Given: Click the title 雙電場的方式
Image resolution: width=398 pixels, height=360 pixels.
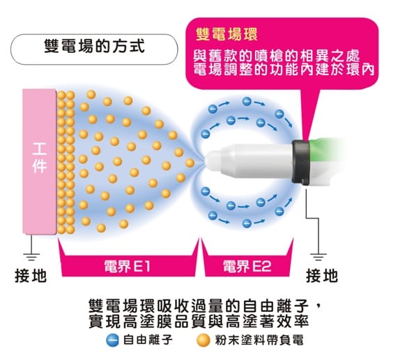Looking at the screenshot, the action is (94, 46).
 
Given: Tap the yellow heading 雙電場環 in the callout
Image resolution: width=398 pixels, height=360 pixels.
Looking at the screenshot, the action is (227, 34).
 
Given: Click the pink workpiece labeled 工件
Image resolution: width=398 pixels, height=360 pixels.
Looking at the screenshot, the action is (39, 162).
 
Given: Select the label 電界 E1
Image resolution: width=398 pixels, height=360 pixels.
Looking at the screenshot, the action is (127, 266).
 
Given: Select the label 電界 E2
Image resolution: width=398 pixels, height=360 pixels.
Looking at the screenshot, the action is (247, 266).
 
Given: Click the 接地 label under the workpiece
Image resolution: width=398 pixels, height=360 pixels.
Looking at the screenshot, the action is (31, 276).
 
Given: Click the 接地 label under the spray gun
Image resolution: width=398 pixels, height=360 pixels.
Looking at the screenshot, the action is (322, 276).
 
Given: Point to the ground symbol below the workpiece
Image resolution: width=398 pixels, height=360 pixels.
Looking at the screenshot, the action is (31, 256).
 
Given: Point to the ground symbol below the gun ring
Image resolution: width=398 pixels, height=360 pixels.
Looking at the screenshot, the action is (319, 256).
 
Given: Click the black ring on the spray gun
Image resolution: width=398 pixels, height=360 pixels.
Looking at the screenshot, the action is (301, 162).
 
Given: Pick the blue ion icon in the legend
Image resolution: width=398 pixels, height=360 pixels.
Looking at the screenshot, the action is (112, 341).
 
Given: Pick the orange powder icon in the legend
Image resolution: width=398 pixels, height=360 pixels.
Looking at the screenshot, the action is (204, 341).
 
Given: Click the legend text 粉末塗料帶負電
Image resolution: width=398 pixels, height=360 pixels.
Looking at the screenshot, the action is (259, 340).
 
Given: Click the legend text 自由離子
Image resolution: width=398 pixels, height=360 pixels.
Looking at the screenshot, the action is (148, 340).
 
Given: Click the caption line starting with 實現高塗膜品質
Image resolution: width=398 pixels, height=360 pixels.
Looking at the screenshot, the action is (199, 321).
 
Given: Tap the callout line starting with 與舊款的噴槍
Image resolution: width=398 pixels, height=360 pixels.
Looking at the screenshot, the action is (277, 56).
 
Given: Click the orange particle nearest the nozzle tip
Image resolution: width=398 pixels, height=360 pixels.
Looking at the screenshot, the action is (190, 163).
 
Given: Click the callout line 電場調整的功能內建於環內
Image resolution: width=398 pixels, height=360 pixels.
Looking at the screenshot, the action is (284, 70).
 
